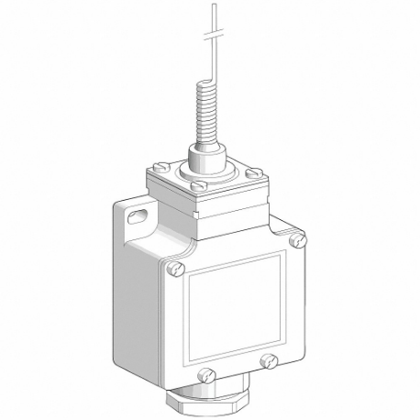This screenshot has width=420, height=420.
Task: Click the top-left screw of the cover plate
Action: click(177, 269)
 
